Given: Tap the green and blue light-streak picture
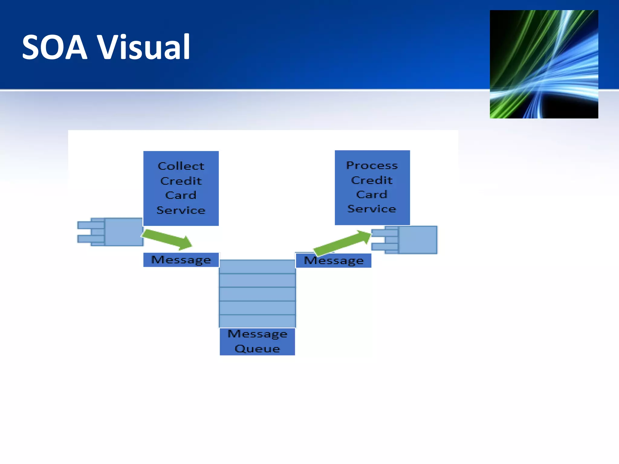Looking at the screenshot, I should [544, 64].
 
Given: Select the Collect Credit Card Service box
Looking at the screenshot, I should [181, 188].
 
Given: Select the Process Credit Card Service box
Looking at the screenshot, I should [372, 188].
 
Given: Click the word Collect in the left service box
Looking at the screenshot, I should [181, 166].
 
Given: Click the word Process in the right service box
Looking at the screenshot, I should [372, 166].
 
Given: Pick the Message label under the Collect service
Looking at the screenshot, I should [181, 260].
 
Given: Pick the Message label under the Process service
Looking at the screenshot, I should [333, 261].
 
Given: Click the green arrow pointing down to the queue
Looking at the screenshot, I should [167, 239].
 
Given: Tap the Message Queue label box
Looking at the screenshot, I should [257, 341].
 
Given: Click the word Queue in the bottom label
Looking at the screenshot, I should [257, 349].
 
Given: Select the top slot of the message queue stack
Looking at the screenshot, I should [257, 267].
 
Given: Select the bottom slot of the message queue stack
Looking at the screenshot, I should [257, 321].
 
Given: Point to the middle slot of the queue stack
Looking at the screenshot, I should [257, 294].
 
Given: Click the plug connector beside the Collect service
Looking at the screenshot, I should [110, 232].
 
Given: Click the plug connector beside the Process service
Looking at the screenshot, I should [405, 240].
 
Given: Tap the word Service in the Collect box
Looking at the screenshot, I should [181, 210].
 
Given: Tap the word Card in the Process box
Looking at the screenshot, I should [372, 195].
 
